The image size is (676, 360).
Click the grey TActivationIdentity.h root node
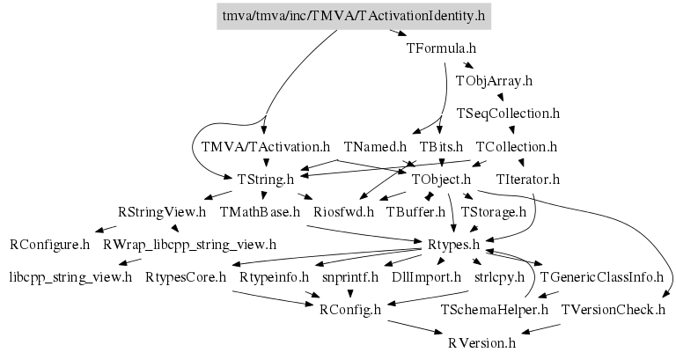(354, 16)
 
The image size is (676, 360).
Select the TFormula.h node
(441, 48)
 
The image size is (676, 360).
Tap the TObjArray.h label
(494, 81)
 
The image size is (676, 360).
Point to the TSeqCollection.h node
(508, 114)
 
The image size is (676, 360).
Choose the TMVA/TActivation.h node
(266, 147)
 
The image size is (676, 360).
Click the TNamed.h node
(375, 147)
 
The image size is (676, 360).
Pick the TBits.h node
(441, 147)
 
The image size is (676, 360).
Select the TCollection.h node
(517, 147)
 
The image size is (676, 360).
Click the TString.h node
(266, 179)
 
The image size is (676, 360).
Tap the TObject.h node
(441, 179)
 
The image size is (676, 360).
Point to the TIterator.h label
(528, 179)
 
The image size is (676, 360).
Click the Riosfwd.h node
(343, 212)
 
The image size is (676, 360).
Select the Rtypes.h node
(453, 245)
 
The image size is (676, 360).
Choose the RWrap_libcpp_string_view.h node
(190, 245)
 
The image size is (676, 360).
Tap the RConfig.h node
(350, 310)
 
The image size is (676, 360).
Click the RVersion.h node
(481, 343)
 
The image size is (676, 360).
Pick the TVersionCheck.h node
(613, 310)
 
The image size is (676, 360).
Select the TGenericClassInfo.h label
(601, 277)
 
